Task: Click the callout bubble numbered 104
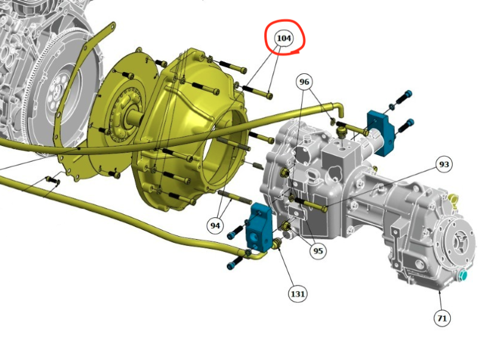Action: point(284,38)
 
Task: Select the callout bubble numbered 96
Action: point(304,82)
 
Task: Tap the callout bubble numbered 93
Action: point(444,164)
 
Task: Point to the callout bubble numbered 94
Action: point(215,225)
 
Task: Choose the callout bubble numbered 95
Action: point(318,251)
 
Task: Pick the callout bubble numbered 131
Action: point(297,293)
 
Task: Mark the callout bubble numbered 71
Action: point(442,318)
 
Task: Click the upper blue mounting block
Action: point(381,132)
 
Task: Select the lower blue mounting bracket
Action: point(259,227)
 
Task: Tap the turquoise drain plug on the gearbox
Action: point(463,276)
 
